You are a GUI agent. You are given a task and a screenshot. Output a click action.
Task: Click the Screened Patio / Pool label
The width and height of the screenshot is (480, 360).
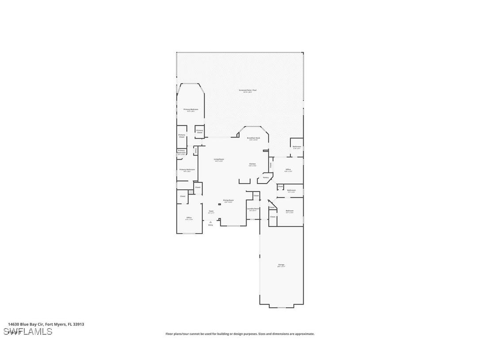coord(248,90)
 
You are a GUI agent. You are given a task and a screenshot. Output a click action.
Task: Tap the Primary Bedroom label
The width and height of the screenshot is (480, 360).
coord(191,109)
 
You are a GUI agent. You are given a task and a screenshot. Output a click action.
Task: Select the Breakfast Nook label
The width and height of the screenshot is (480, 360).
coord(253,138)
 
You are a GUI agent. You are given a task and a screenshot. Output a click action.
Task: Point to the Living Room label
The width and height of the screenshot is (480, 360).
coord(219,159)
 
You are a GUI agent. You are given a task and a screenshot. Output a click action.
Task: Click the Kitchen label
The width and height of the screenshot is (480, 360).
coord(252,164)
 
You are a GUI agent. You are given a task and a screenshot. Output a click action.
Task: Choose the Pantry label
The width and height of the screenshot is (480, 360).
coord(266,178)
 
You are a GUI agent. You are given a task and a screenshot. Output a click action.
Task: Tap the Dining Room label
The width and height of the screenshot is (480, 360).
coord(228,200)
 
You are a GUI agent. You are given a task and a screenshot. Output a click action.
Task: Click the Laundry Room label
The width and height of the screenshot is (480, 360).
coord(253,208)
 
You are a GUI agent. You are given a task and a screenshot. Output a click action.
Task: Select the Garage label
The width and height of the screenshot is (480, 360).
coord(281,265)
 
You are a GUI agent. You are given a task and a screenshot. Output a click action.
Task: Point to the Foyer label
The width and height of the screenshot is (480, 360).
coord(211,211)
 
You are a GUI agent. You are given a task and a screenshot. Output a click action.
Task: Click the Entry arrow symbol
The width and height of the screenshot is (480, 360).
coord(210,222)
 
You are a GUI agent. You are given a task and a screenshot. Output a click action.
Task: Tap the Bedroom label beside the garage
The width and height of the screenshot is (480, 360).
coord(290,211)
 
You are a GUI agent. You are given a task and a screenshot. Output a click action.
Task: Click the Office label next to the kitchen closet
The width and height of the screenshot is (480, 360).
coord(288,169)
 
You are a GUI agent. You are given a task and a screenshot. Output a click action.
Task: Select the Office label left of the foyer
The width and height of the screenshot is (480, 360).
coord(189,218)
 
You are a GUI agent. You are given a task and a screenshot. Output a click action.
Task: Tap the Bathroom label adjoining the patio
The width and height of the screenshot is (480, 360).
coord(297,146)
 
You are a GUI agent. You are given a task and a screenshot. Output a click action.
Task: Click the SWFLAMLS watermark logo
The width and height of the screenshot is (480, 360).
coord(27,332)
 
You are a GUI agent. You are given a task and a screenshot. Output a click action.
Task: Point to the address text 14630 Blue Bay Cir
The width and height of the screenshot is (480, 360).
coord(27,324)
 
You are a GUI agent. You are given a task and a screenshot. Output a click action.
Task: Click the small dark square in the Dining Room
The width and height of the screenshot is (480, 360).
coord(219,205)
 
